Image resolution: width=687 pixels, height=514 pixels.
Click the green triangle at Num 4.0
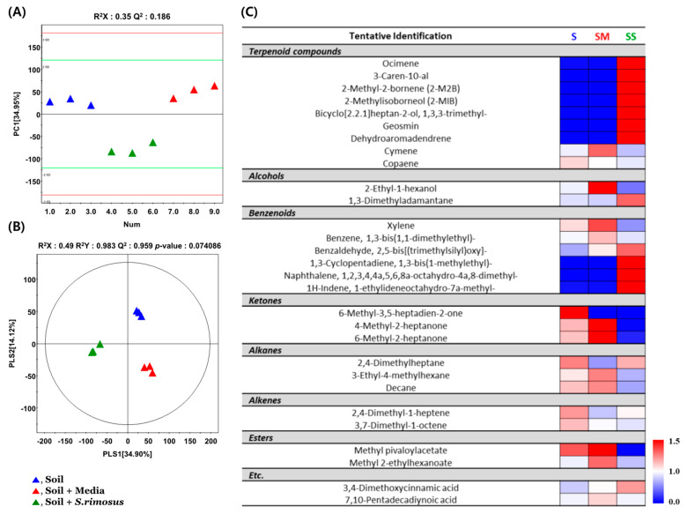[x=112, y=152]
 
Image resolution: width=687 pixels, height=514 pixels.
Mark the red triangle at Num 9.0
[x=215, y=86]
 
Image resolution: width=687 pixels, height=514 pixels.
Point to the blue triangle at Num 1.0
[x=50, y=102]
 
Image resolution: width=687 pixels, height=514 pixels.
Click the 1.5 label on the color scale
[x=673, y=438]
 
